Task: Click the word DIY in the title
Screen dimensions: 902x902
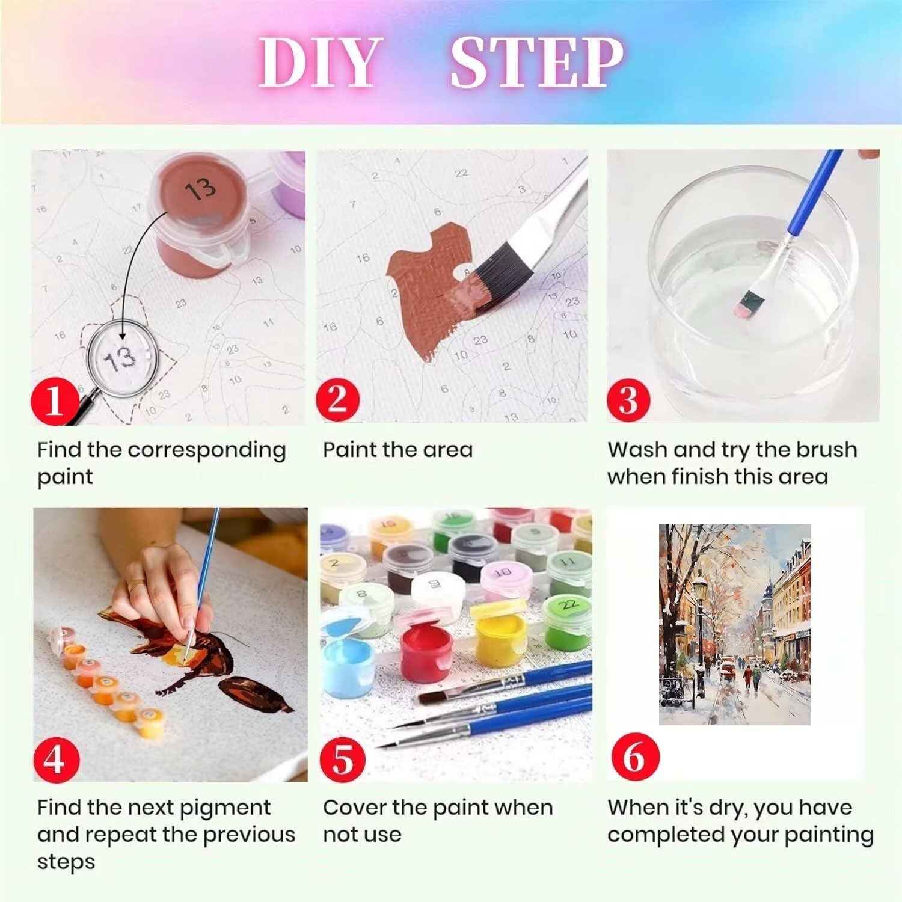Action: click(321, 62)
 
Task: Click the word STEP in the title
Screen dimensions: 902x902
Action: click(537, 62)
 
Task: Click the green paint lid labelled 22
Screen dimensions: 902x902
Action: click(569, 603)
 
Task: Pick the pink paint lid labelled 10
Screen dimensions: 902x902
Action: click(504, 572)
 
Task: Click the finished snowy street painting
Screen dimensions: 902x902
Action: click(734, 624)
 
